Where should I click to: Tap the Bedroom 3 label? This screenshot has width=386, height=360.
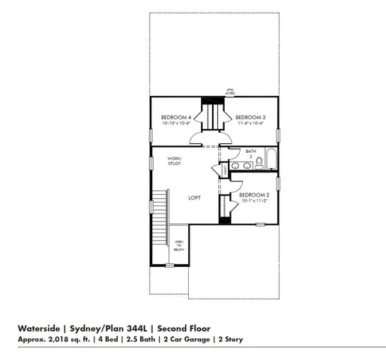[251, 117]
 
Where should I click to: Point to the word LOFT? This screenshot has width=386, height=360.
[195, 198]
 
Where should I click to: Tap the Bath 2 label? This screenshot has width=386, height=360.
[250, 153]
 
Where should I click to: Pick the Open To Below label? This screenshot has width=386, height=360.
[179, 245]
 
